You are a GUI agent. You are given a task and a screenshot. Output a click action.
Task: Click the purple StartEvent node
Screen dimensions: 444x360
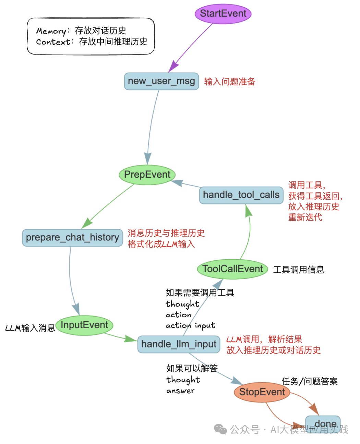click(223, 14)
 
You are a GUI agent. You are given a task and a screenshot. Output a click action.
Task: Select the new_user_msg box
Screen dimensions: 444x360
click(161, 81)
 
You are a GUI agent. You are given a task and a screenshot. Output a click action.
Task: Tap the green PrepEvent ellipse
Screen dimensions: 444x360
click(147, 175)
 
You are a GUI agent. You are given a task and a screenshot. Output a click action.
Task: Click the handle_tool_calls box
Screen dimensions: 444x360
click(241, 195)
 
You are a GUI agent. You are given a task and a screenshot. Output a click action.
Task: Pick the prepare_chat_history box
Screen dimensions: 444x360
click(72, 237)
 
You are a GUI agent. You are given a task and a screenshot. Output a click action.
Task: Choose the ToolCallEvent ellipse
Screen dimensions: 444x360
click(232, 269)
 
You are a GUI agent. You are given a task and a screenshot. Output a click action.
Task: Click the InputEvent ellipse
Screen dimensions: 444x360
click(84, 325)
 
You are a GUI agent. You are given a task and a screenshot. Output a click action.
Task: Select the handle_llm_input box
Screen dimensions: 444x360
click(179, 344)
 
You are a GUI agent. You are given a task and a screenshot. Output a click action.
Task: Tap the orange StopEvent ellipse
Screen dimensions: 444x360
click(262, 392)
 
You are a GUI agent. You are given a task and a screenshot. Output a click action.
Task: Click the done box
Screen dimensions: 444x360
click(323, 424)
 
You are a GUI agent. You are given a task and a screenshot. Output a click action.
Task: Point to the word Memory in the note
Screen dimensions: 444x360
click(51, 31)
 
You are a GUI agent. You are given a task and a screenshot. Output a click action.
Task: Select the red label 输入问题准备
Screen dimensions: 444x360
click(230, 82)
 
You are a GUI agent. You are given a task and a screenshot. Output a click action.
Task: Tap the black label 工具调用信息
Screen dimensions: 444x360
click(299, 270)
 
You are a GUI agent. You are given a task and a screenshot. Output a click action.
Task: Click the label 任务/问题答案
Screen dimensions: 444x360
click(310, 381)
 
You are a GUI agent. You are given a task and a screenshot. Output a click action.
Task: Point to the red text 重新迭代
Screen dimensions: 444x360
click(305, 217)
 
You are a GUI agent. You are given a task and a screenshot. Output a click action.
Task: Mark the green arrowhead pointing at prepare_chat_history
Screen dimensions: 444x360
click(87, 223)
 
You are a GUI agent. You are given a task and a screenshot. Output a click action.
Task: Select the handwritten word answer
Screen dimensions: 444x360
click(180, 391)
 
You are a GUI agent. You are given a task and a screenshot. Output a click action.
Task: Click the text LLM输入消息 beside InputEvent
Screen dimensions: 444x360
click(30, 328)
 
